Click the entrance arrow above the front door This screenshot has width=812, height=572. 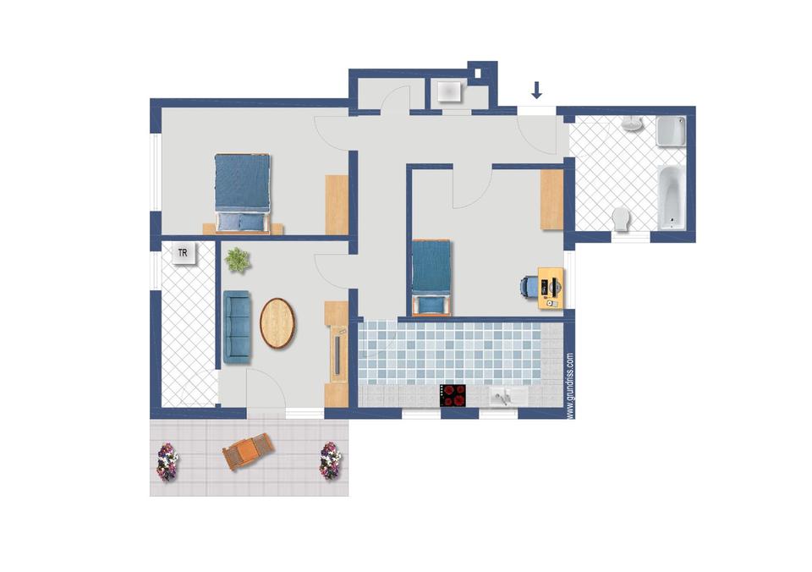pos(536,91)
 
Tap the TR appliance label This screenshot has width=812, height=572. pos(183,253)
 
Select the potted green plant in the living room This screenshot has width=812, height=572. pos(238,260)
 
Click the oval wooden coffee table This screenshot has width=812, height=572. pos(277,323)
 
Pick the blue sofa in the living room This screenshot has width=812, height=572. pos(237,327)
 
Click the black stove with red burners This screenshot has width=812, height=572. pos(453,396)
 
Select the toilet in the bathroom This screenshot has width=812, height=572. pos(620,219)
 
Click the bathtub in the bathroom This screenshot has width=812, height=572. pos(672,197)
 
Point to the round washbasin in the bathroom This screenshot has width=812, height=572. pos(632,124)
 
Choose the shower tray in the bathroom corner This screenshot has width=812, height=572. pos(671,131)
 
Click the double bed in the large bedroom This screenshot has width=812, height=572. pos(243,192)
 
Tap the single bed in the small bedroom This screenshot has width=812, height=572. pos(431,278)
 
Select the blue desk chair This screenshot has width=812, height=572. pos(529,287)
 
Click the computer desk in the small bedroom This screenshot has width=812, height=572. pos(551,289)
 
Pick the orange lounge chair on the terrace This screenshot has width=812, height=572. pos(249,451)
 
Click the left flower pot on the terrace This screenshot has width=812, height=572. pos(167,462)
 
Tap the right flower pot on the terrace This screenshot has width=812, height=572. pos(331,460)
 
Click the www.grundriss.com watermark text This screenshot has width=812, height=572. pos(570,386)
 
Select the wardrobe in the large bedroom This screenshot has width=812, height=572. pos(337,205)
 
